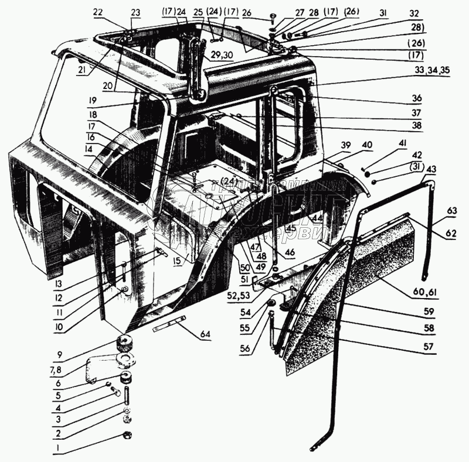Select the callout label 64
point(206,334)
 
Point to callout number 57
point(429,347)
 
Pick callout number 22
point(97,11)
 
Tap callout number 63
point(452,211)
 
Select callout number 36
point(433,98)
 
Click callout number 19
point(93,100)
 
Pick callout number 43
point(431,169)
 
